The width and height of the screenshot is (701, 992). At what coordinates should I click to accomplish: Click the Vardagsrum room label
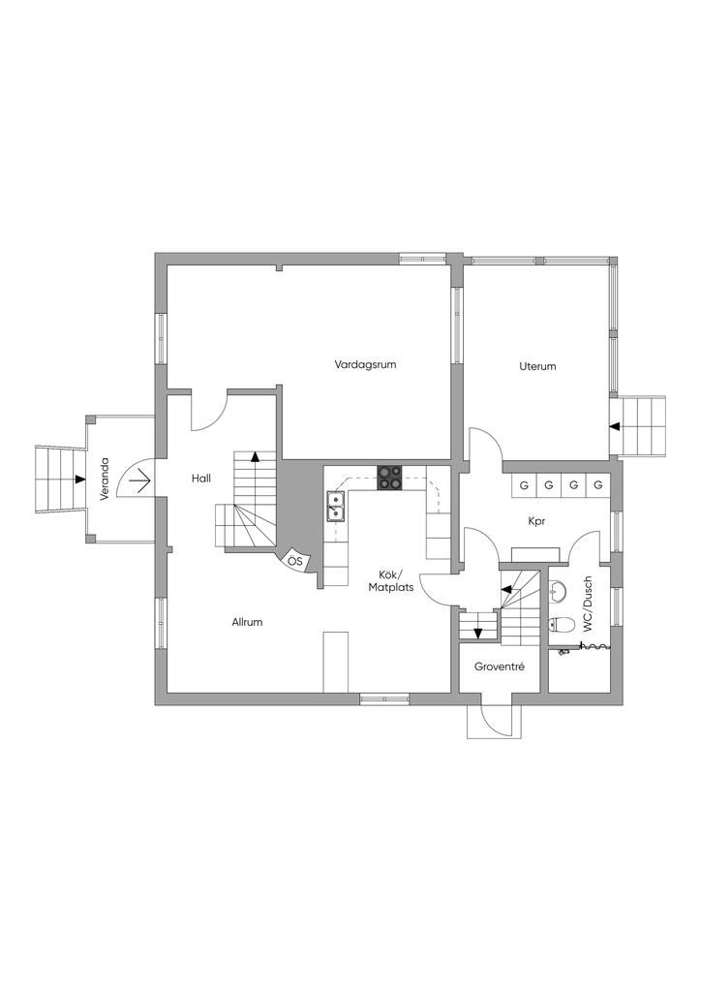point(365,365)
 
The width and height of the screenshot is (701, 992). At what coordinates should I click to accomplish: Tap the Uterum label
point(537,366)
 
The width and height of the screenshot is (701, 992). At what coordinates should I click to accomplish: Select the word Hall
point(201,479)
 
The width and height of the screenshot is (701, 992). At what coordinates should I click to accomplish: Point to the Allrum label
point(247,622)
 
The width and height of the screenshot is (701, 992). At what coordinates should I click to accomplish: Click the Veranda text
point(105,479)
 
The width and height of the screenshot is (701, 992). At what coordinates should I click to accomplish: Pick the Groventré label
point(500,666)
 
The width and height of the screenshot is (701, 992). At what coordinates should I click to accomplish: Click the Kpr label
point(536,522)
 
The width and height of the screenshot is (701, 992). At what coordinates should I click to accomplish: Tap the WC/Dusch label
point(588,604)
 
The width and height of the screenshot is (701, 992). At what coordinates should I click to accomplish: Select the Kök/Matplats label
point(392,581)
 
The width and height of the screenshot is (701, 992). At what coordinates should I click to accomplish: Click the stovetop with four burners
point(390,478)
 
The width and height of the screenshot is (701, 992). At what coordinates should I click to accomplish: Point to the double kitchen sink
point(335,506)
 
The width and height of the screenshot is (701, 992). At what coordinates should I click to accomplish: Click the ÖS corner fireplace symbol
point(294,561)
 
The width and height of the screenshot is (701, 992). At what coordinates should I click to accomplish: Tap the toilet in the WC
point(560,625)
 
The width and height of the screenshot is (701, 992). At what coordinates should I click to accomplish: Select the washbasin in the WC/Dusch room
point(557,593)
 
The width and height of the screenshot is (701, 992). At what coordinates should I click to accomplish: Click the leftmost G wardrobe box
point(524,485)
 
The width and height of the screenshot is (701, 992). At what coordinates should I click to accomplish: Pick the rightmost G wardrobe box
point(598,485)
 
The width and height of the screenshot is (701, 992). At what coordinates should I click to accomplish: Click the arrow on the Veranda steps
point(79,479)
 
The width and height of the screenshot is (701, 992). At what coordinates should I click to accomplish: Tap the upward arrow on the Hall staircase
point(255,455)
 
